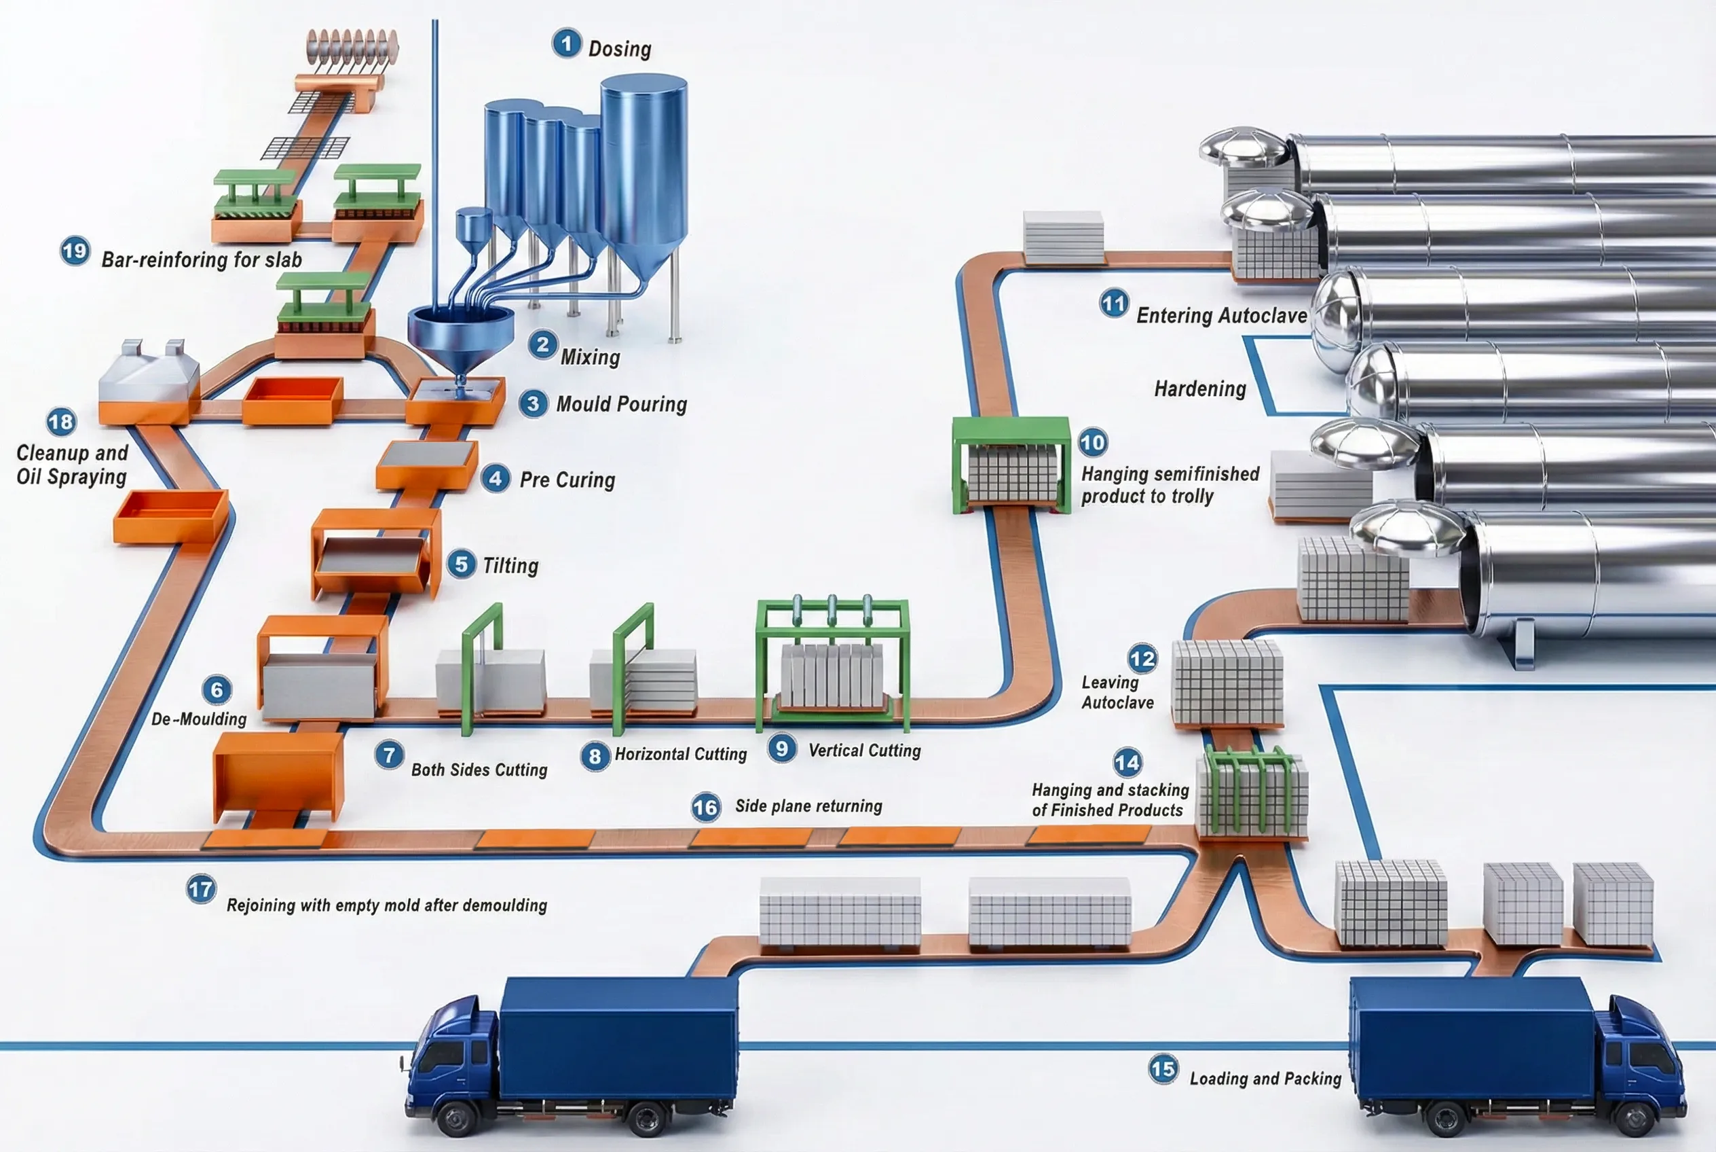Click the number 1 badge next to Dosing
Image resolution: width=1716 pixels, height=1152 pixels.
click(x=566, y=43)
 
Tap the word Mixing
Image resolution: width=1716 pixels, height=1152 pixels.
click(x=591, y=357)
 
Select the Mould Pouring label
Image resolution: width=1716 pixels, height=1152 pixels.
click(x=621, y=404)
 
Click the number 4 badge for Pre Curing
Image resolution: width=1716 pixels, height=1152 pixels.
click(x=496, y=479)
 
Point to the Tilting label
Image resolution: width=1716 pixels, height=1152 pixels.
click(x=510, y=566)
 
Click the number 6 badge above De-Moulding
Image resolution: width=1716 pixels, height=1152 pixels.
click(x=217, y=690)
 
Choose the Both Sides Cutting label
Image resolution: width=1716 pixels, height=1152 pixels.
click(x=479, y=770)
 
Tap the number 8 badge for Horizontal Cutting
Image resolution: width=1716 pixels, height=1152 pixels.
click(x=595, y=757)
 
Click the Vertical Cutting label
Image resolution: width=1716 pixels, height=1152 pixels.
click(x=864, y=750)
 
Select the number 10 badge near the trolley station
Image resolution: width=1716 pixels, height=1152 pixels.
click(x=1093, y=442)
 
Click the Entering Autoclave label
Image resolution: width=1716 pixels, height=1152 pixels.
click(x=1221, y=316)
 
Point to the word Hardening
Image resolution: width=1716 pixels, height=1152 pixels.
click(x=1200, y=389)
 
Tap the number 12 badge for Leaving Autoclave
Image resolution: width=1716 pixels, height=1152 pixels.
click(x=1142, y=658)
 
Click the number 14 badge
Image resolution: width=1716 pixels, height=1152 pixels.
click(x=1127, y=763)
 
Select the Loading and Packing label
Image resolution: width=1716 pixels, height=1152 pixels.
click(x=1265, y=1079)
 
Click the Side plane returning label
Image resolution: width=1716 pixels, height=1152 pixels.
click(x=808, y=806)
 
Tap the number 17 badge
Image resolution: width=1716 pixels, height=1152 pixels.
click(x=200, y=890)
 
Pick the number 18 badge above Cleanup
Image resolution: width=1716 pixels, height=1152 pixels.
click(x=61, y=422)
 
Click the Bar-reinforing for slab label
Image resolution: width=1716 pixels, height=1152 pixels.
click(x=201, y=259)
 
